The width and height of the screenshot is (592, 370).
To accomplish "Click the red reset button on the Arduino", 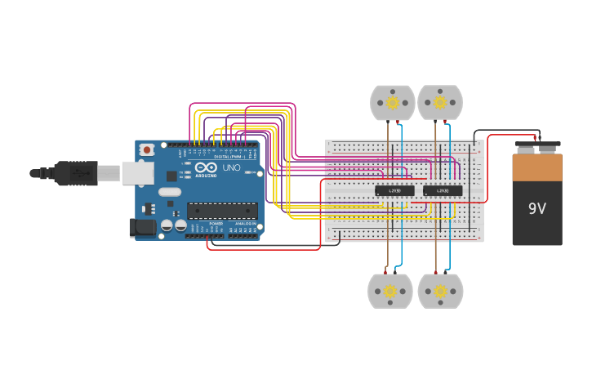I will (x=147, y=149).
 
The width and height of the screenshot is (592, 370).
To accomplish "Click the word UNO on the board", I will (x=232, y=167).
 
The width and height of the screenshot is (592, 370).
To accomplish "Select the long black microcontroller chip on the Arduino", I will (x=222, y=211).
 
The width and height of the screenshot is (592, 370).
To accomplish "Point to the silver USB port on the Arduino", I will (x=137, y=172).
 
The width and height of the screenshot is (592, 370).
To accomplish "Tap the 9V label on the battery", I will (x=536, y=209).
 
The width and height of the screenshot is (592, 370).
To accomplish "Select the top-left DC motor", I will (x=393, y=103).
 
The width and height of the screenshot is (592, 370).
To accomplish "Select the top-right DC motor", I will (x=440, y=103).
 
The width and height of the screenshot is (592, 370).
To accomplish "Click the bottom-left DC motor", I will (x=390, y=292).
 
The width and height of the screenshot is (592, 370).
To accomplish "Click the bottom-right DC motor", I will (x=440, y=292).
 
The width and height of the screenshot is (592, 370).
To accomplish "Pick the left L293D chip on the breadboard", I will (x=394, y=191).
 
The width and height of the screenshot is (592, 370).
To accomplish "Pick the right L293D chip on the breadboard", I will (x=443, y=191).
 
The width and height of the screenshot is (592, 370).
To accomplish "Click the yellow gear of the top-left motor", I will (x=393, y=102).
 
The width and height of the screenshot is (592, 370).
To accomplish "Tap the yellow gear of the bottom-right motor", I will (x=440, y=291).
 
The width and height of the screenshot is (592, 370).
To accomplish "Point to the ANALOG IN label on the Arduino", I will (x=243, y=223).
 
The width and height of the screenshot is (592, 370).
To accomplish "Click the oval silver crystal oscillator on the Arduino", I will (x=170, y=193).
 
